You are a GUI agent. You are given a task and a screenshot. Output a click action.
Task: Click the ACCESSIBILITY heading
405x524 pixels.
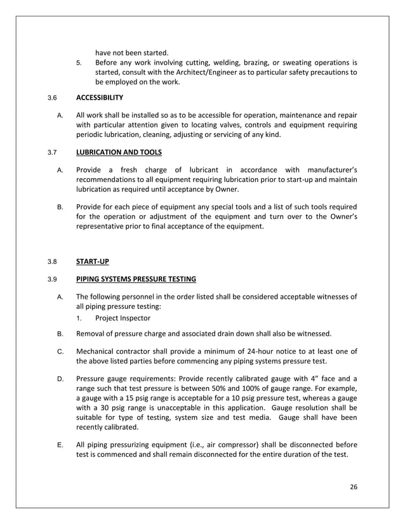pos(100,98)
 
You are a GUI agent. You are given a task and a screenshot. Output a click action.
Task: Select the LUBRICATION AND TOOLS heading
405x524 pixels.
pos(119,152)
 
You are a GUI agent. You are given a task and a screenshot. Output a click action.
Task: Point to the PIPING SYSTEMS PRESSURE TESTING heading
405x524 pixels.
pos(136,278)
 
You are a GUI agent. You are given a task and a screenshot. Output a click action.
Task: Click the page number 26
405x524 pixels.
pos(354,487)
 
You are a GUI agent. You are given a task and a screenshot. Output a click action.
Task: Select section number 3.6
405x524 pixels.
pos(52,98)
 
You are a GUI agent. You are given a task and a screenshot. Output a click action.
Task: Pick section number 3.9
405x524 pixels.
pos(52,278)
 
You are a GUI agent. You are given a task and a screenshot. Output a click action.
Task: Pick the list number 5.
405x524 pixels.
pos(79,63)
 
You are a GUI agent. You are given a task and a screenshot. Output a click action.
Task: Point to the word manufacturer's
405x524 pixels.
pos(325,169)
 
